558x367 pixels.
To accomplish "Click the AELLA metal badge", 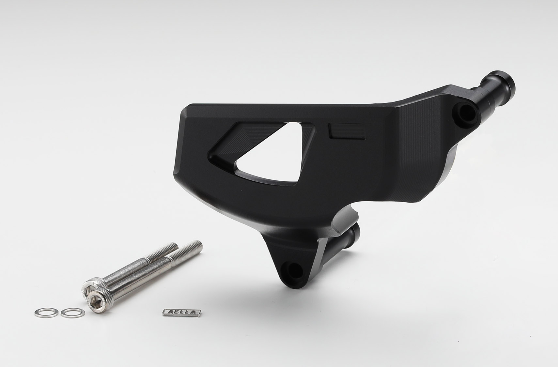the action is [x=182, y=312].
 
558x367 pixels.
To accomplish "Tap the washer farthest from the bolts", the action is [x=47, y=312].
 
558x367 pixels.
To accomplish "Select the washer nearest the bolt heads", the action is [x=73, y=313].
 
